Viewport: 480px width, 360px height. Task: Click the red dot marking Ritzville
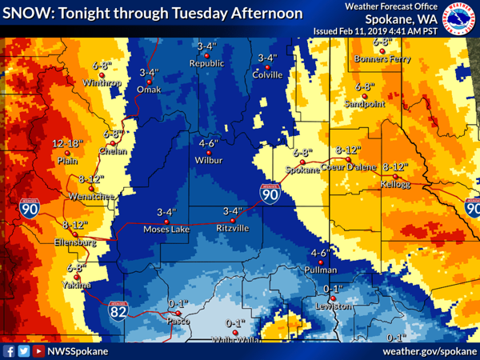click(x=233, y=219)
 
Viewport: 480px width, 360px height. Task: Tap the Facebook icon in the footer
click(x=9, y=350)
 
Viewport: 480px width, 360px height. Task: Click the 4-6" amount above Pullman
click(x=319, y=253)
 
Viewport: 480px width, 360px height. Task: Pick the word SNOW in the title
click(x=26, y=14)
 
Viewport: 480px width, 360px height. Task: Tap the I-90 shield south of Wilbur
click(x=270, y=194)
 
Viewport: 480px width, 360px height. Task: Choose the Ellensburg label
click(x=74, y=242)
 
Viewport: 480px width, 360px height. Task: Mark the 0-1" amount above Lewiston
click(x=332, y=288)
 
